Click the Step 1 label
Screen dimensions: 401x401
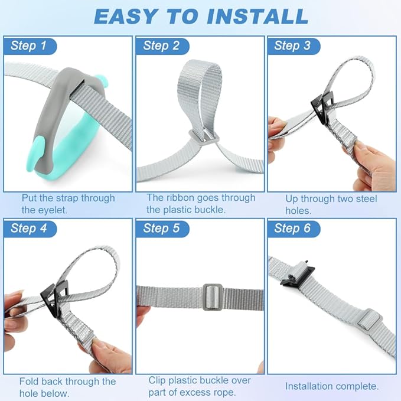point(28,46)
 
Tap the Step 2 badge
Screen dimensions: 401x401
point(162,46)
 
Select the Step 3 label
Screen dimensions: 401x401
point(293,46)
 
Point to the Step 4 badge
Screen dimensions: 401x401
point(28,229)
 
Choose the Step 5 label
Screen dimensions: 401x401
point(162,229)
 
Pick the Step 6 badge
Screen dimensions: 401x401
point(293,229)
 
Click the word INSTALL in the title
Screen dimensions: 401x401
point(257,17)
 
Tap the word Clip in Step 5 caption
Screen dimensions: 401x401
point(157,380)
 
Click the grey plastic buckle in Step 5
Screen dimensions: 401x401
point(213,297)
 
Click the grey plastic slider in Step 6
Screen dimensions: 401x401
point(369,320)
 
